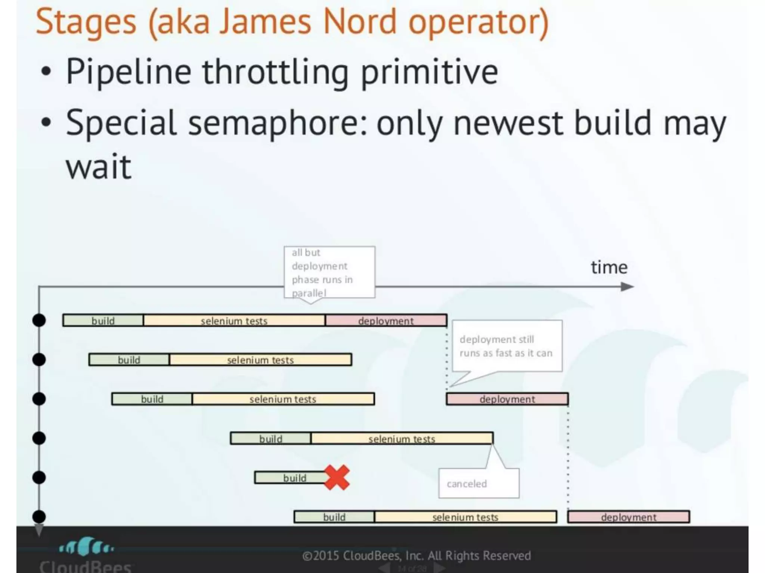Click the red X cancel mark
pyautogui.click(x=337, y=477)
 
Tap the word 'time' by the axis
pyautogui.click(x=609, y=267)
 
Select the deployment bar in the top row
pyautogui.click(x=386, y=320)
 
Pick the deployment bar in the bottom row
pyautogui.click(x=628, y=517)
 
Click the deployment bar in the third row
pyautogui.click(x=507, y=399)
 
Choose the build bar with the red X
pyautogui.click(x=291, y=478)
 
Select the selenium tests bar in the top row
pyautogui.click(x=234, y=320)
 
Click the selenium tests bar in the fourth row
pyautogui.click(x=402, y=438)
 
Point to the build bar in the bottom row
pyautogui.click(x=334, y=517)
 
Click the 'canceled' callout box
pyautogui.click(x=478, y=483)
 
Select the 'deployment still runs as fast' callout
pyautogui.click(x=507, y=346)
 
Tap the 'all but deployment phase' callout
pyautogui.click(x=329, y=272)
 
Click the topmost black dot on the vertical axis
pyautogui.click(x=39, y=320)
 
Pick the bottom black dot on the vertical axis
pyautogui.click(x=39, y=517)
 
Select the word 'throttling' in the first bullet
pyautogui.click(x=276, y=72)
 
